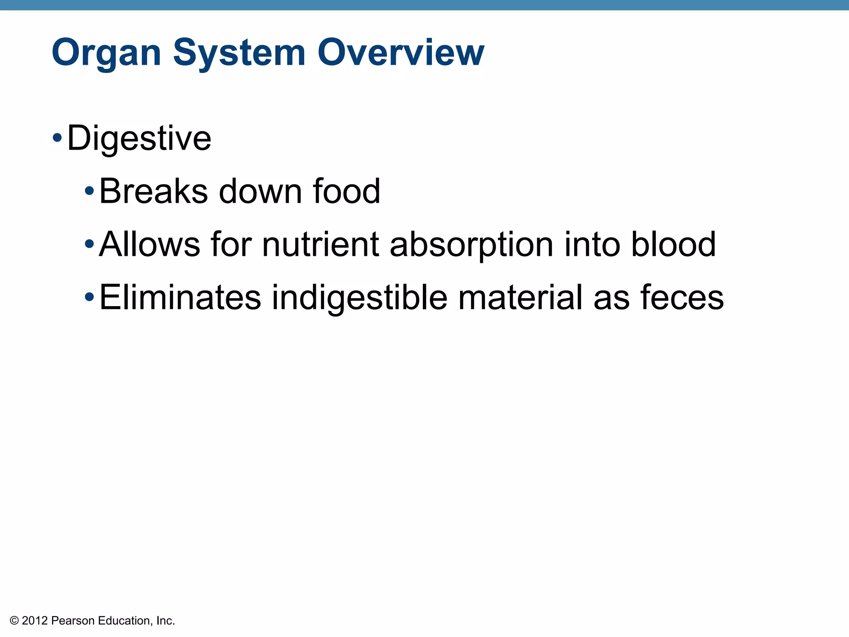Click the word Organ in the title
pos(106,53)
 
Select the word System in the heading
pos(239,53)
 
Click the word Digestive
pos(139,138)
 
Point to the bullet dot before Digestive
pos(58,137)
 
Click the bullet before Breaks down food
pos(89,191)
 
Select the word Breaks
pos(153,191)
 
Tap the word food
pos(346,191)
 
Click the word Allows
pos(150,244)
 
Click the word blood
pos(673,244)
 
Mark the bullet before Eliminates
pos(89,297)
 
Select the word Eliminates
pos(180,297)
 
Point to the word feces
pos(682,297)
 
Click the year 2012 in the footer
pos(35,621)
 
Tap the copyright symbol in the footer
pos(15,621)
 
